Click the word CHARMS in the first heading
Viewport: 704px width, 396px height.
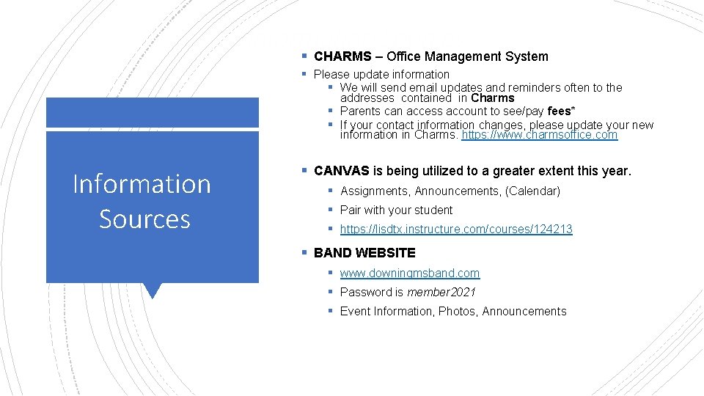tap(342, 56)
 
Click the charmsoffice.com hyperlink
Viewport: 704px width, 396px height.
tap(540, 135)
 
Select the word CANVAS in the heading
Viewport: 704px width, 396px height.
tap(342, 171)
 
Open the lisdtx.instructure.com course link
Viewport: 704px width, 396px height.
tap(456, 230)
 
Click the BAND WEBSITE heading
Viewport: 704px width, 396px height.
tap(364, 253)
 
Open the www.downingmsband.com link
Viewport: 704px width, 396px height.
tap(410, 273)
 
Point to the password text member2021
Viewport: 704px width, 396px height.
tap(441, 292)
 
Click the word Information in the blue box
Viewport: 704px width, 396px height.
tap(142, 183)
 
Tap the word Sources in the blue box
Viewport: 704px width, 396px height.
tap(144, 219)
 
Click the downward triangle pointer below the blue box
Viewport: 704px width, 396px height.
tap(153, 290)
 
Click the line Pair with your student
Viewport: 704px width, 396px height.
tap(396, 210)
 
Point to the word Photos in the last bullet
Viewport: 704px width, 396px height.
tap(458, 311)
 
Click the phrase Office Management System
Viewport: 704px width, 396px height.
tap(467, 56)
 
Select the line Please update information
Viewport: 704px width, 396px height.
tap(381, 74)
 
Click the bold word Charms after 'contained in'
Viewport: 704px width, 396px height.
tap(493, 98)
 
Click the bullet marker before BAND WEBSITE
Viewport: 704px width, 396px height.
tap(304, 253)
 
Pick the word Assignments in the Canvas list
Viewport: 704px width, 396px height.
tap(374, 191)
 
